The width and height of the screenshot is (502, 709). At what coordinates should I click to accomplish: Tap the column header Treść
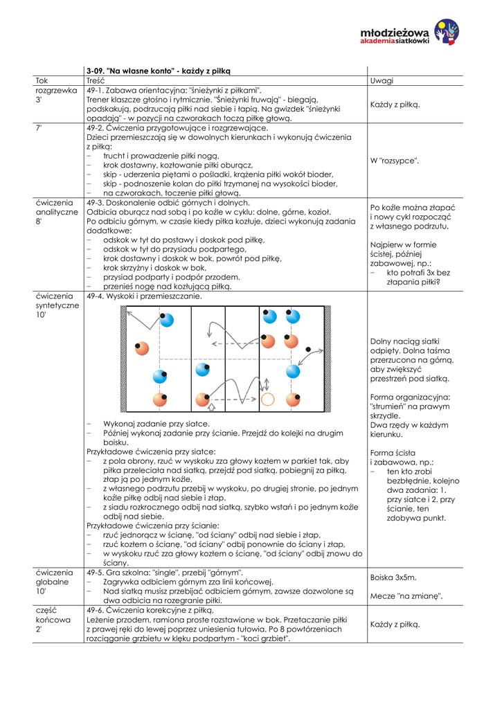96,80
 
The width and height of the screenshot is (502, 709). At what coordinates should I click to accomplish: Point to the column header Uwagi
382,80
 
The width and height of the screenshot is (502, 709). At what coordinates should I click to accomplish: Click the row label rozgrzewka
56,90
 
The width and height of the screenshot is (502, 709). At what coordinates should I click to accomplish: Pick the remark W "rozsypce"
395,161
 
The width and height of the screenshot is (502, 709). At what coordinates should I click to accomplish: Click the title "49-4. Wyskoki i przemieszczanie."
145,296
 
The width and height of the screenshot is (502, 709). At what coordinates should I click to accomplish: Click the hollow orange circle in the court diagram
268,400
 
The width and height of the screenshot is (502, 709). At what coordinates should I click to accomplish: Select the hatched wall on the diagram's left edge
124,360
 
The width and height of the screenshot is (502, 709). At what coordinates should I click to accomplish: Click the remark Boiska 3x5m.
393,577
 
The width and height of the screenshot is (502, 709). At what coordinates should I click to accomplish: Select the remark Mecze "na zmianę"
406,595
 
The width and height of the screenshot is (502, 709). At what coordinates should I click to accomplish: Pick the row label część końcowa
54,620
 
